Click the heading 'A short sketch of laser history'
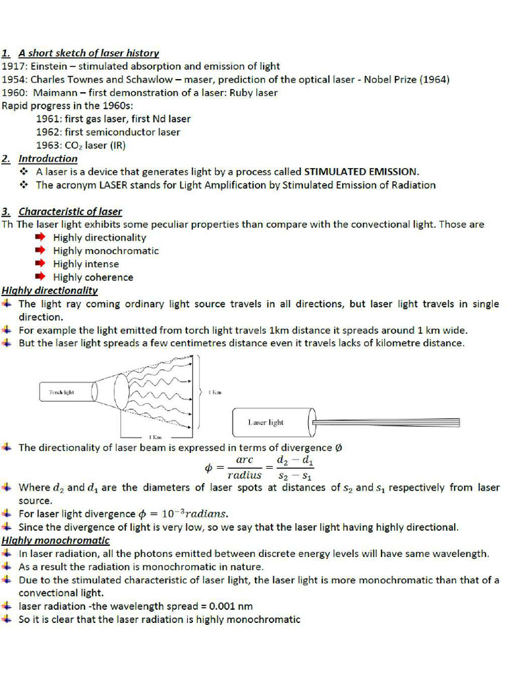(x=88, y=53)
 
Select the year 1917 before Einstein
(x=13, y=66)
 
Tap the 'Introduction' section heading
(x=47, y=158)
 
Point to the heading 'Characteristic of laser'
(x=70, y=212)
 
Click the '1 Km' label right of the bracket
(x=215, y=392)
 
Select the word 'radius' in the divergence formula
(x=244, y=475)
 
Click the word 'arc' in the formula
(x=244, y=460)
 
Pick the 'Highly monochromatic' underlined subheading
(x=55, y=541)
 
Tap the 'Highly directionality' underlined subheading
(x=50, y=290)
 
